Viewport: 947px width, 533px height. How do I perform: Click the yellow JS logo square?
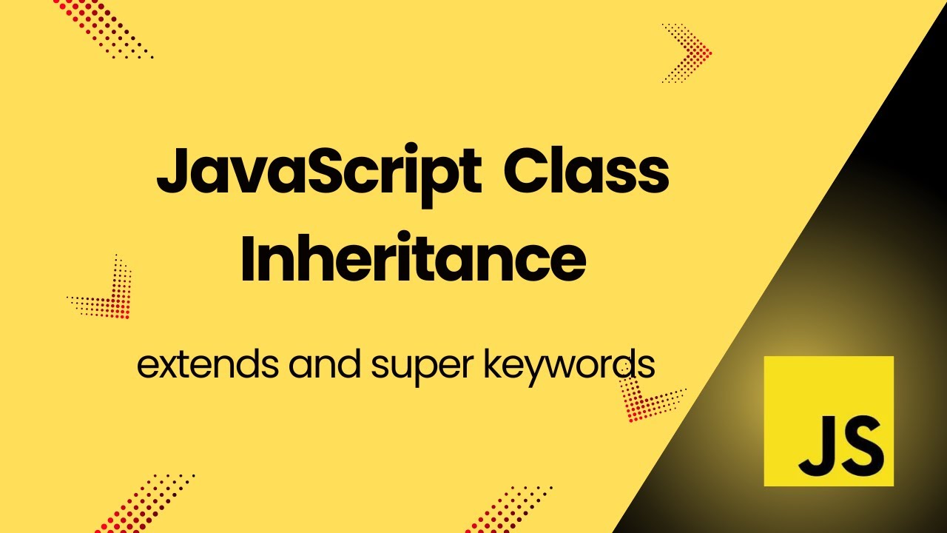pyautogui.click(x=829, y=420)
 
